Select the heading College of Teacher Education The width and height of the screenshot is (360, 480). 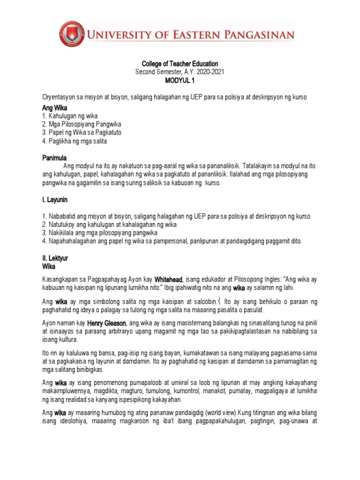point(180,64)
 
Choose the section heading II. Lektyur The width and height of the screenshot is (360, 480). point(55,258)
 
